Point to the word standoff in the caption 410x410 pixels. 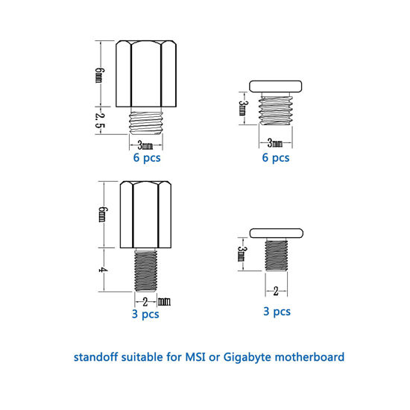[96, 357]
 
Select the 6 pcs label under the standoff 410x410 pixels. [147, 158]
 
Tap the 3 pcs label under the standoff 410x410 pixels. [145, 315]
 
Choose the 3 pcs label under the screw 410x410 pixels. [276, 312]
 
